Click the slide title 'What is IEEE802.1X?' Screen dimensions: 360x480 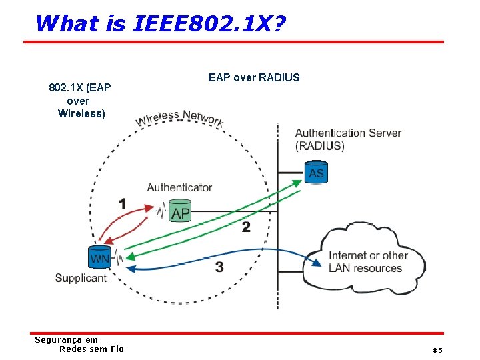point(160,23)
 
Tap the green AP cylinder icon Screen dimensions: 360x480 point(180,210)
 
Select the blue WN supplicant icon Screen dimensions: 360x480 point(100,257)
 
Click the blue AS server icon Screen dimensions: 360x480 point(316,172)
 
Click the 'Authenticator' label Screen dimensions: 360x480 point(179,188)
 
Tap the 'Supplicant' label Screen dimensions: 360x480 point(81,278)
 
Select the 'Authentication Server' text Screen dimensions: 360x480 point(348,133)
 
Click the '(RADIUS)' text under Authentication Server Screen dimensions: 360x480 point(319,146)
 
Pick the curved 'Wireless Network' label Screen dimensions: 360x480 point(179,118)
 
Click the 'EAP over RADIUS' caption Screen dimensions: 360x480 point(254,77)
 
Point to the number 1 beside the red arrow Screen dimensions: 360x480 point(122,203)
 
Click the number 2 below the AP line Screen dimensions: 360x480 point(246,227)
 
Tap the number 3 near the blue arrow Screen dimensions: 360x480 point(219,267)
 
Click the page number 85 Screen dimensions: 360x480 point(437,350)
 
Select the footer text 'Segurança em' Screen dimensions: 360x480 point(66,340)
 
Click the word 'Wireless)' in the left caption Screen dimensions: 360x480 point(81,113)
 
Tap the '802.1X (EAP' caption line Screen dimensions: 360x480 point(80,88)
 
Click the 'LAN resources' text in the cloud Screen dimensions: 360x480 point(365,268)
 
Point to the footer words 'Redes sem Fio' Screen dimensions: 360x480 point(91,349)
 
